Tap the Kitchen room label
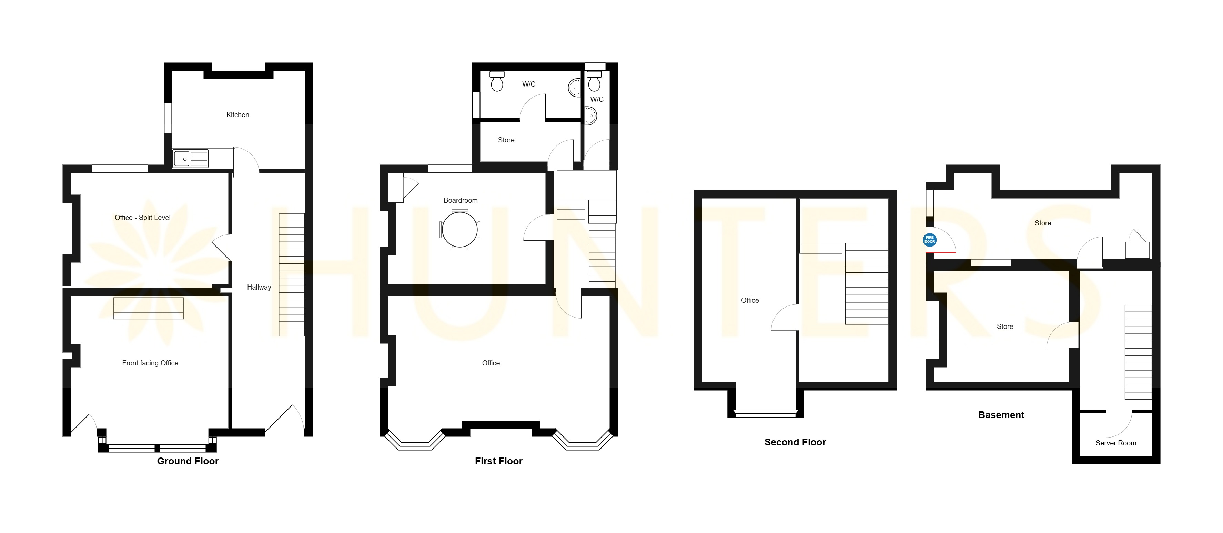tap(237, 115)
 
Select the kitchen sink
tap(190, 159)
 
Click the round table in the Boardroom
tap(459, 230)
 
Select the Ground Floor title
tap(188, 461)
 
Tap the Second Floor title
tap(795, 442)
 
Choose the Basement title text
tap(1001, 415)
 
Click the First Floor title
tap(498, 461)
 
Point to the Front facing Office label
tap(150, 363)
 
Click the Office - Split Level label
tap(142, 218)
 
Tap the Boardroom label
tap(461, 200)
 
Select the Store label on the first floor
tap(506, 140)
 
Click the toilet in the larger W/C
tap(497, 81)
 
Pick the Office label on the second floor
tap(750, 300)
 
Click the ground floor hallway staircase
tap(292, 274)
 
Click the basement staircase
tap(1138, 352)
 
